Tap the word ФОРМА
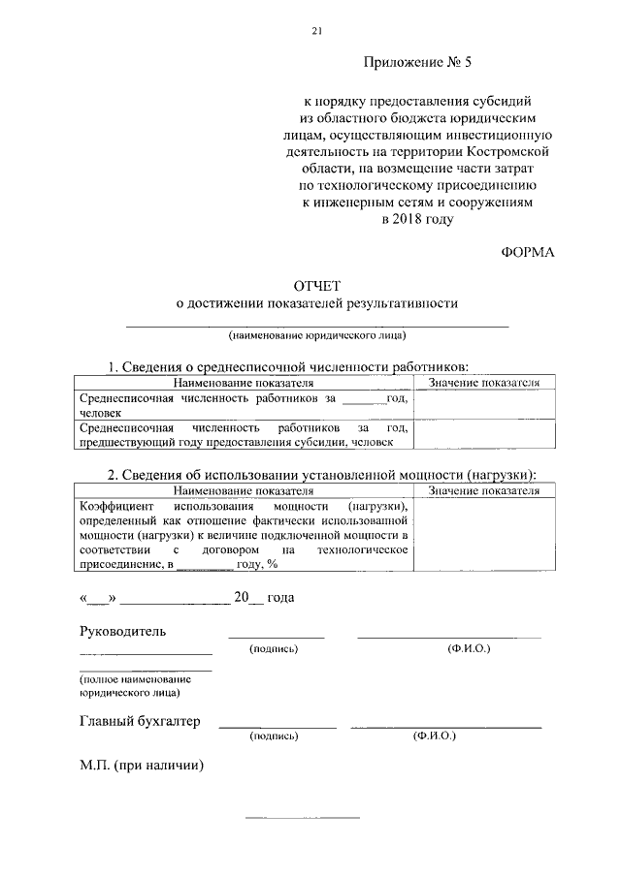click(528, 253)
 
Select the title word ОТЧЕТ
click(316, 286)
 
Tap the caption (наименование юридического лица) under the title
click(317, 336)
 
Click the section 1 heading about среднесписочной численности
click(287, 368)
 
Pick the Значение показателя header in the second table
click(484, 491)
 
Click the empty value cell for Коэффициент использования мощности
click(484, 536)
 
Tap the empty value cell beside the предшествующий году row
click(484, 435)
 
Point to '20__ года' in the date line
click(263, 598)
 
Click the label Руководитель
click(122, 632)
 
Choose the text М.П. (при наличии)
click(141, 765)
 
